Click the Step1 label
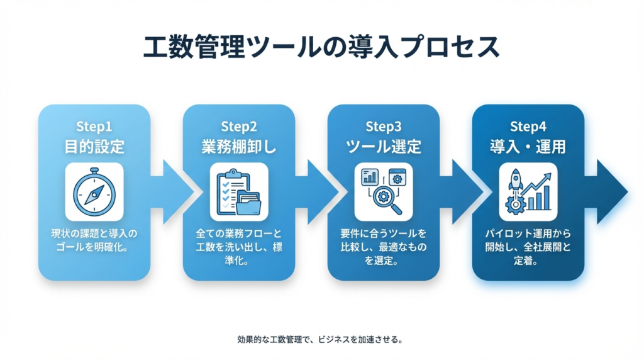(x=94, y=127)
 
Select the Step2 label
(x=239, y=127)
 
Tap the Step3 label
(x=384, y=127)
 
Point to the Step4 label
(x=528, y=127)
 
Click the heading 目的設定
(x=94, y=147)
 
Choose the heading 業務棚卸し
(x=239, y=147)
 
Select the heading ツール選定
(x=384, y=147)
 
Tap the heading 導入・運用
(x=528, y=147)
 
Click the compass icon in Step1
(x=94, y=191)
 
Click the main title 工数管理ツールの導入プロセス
(x=321, y=47)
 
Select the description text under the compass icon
(x=94, y=240)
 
